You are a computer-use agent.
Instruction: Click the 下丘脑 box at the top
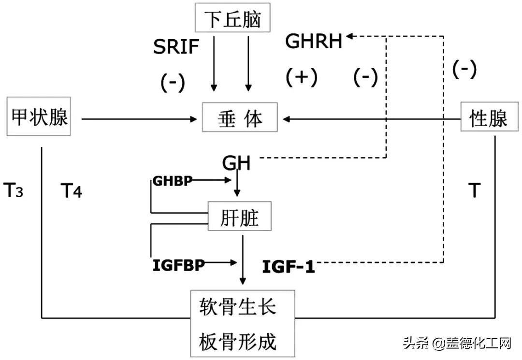(x=232, y=19)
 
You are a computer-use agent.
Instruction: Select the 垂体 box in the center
(x=240, y=117)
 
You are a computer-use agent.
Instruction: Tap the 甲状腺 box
(x=39, y=117)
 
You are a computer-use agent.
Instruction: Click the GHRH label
(x=314, y=42)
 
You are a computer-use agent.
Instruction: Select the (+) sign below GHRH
(x=301, y=77)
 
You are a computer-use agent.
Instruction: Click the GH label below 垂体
(x=236, y=163)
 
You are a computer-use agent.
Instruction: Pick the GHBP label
(x=173, y=181)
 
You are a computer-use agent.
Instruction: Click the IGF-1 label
(x=288, y=266)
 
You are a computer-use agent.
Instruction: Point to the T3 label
(x=14, y=191)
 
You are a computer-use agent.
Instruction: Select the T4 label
(x=71, y=191)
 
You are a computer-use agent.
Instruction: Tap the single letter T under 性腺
(x=475, y=191)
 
